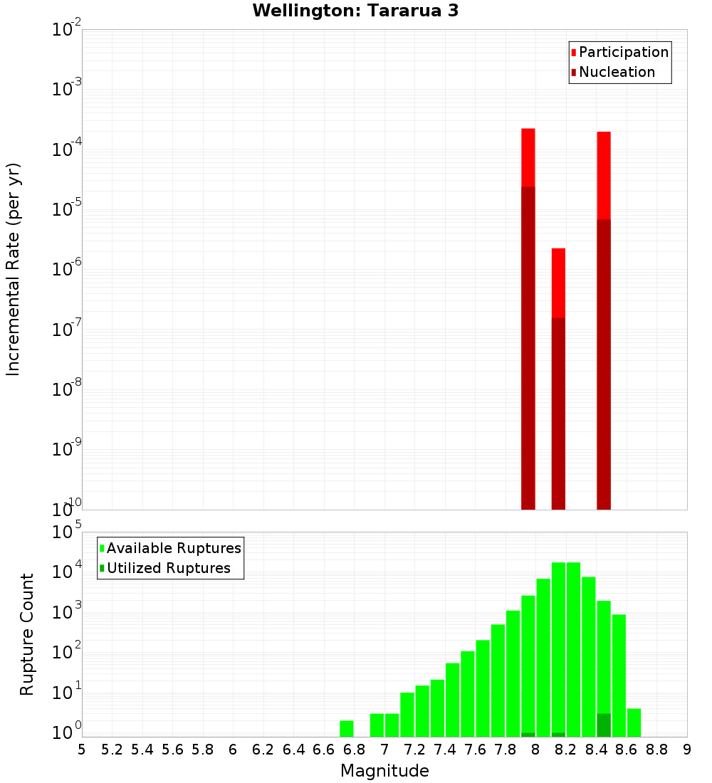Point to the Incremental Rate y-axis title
pyautogui.click(x=14, y=269)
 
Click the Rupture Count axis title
pyautogui.click(x=27, y=634)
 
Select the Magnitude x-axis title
pyautogui.click(x=384, y=771)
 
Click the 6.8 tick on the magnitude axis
pyautogui.click(x=354, y=750)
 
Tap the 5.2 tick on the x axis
pyautogui.click(x=112, y=750)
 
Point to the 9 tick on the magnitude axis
pyautogui.click(x=687, y=750)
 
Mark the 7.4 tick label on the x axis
pyautogui.click(x=445, y=750)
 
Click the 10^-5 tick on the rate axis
pyautogui.click(x=68, y=210)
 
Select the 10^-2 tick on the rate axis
pyautogui.click(x=68, y=31)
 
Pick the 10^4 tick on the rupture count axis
pyautogui.click(x=68, y=572)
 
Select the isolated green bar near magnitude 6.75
pyautogui.click(x=347, y=728)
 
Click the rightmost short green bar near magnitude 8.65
pyautogui.click(x=634, y=722)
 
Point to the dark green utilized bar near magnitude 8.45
pyautogui.click(x=604, y=725)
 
